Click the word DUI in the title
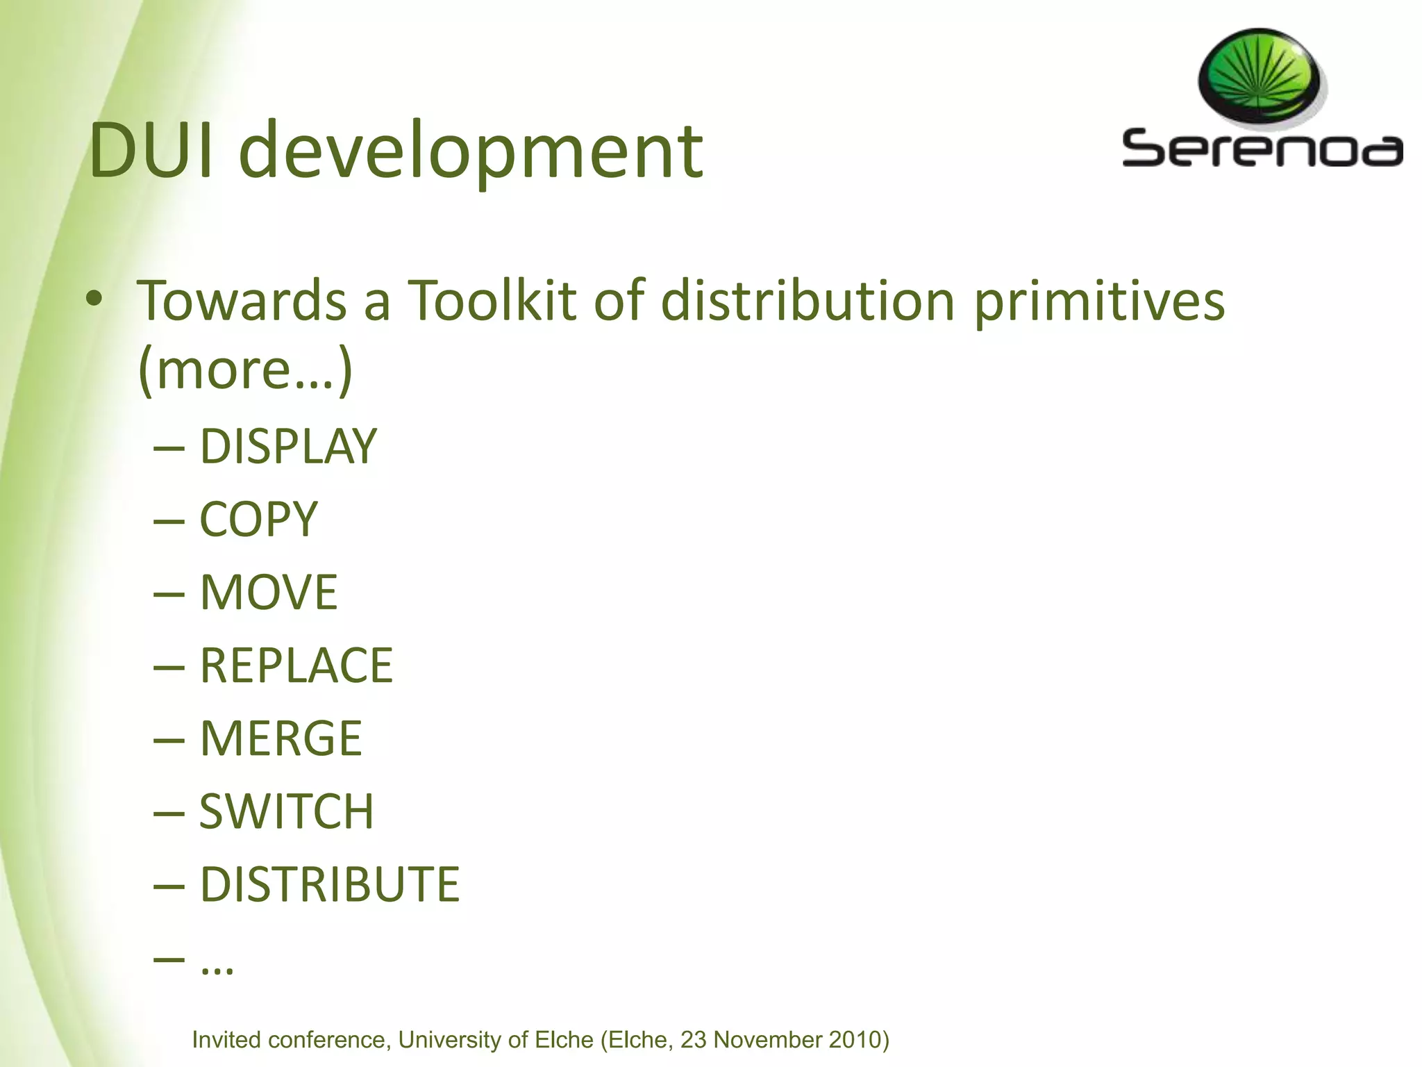coord(152,151)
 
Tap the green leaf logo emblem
coord(1259,77)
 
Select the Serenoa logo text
coord(1262,149)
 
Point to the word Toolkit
coord(492,301)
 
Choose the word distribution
coord(808,301)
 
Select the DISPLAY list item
coord(288,446)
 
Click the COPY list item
coord(258,520)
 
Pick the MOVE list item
coord(269,593)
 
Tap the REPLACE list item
coord(296,665)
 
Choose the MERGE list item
coord(281,738)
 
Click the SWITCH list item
coord(286,811)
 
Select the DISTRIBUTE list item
coord(330,884)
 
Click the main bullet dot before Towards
coord(94,299)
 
